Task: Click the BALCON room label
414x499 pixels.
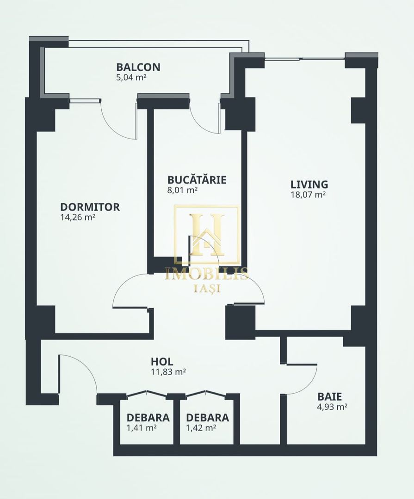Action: click(x=138, y=67)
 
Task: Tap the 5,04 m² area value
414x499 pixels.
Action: click(x=131, y=78)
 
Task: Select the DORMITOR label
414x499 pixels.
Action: click(x=90, y=207)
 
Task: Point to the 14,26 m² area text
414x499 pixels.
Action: click(x=78, y=217)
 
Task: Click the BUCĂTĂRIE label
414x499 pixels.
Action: click(x=197, y=180)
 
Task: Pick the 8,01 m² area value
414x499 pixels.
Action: click(x=183, y=190)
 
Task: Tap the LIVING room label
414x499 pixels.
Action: click(x=309, y=184)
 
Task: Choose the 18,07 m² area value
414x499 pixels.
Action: click(x=308, y=195)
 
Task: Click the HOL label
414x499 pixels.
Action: click(x=162, y=361)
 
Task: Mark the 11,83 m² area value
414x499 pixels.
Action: click(x=168, y=371)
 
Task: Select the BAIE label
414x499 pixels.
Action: click(x=329, y=396)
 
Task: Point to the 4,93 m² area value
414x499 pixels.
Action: click(x=332, y=407)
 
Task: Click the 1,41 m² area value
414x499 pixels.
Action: click(x=142, y=428)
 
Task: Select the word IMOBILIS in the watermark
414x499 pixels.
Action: click(x=207, y=274)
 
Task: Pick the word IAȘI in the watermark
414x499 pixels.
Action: click(x=207, y=288)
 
